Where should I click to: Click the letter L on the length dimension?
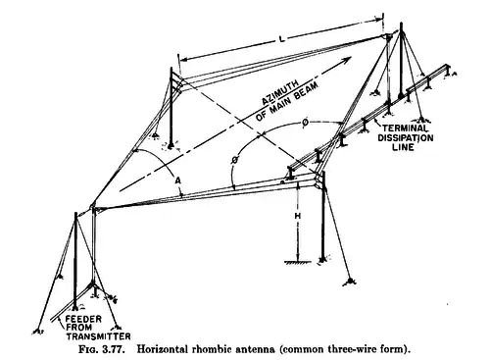[282, 39]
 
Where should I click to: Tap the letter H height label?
[298, 216]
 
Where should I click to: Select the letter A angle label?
[177, 180]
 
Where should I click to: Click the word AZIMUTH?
[280, 92]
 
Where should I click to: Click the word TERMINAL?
[405, 129]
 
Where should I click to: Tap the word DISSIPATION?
[406, 137]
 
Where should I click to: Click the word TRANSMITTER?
[98, 336]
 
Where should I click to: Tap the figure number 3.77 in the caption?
[114, 349]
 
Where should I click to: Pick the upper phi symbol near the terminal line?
[305, 123]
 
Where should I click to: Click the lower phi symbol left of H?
[234, 160]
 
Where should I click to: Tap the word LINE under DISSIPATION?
[403, 147]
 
